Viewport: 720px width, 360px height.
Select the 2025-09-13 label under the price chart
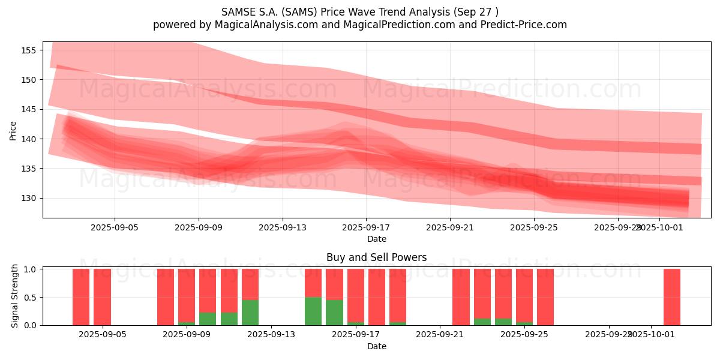tap(283, 228)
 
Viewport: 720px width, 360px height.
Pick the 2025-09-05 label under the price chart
tap(115, 228)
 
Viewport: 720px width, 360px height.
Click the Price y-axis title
tap(13, 130)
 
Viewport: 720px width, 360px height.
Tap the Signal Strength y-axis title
tap(15, 296)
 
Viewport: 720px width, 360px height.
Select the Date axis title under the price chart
tap(377, 239)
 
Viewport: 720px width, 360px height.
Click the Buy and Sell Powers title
tap(377, 257)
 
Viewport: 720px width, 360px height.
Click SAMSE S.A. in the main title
tap(249, 11)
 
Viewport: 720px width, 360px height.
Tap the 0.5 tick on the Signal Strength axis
tap(31, 297)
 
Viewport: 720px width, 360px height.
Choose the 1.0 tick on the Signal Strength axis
tap(31, 269)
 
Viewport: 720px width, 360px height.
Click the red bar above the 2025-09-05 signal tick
tap(102, 297)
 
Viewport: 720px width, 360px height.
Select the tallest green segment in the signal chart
tap(313, 311)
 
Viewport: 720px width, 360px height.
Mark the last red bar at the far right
tap(672, 297)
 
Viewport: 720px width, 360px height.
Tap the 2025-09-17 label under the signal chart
tap(356, 334)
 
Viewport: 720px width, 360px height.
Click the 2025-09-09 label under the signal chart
tap(187, 334)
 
